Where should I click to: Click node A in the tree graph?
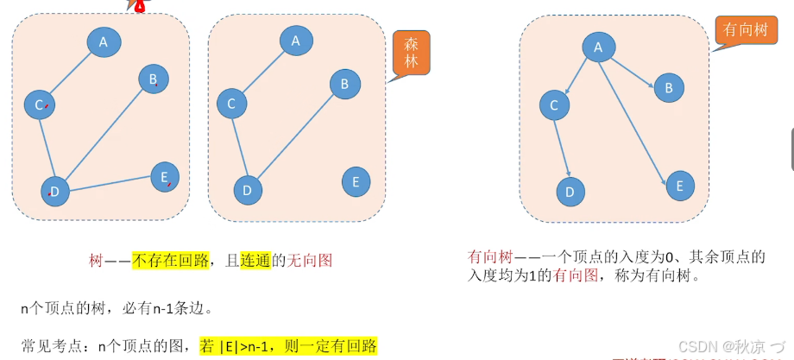(104, 41)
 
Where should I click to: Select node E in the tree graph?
(165, 177)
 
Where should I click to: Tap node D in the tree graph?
(55, 191)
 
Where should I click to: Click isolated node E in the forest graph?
(356, 182)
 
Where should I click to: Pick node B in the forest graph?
(344, 84)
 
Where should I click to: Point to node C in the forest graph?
(231, 104)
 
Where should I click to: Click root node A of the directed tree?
(598, 47)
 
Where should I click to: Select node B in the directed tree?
(669, 87)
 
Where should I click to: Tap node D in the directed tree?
(570, 192)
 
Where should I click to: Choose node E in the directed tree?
(680, 186)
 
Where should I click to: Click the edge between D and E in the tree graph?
(110, 184)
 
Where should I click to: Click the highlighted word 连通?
(256, 260)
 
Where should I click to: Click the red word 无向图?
(309, 260)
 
